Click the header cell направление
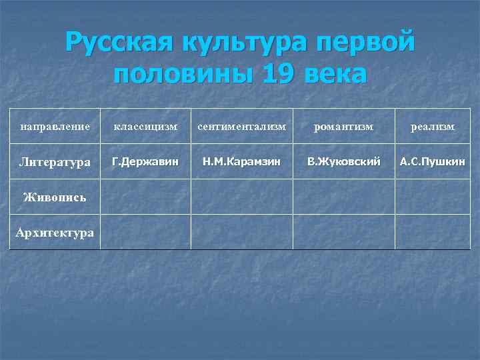[x=55, y=126]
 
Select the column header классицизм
[x=145, y=126]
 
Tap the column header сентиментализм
[x=241, y=126]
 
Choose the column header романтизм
[x=343, y=126]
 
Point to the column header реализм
[x=432, y=126]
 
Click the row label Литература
[x=55, y=162]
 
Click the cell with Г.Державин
[x=145, y=161]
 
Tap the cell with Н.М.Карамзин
[x=241, y=161]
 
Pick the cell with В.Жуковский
[x=343, y=161]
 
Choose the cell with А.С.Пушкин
[x=432, y=161]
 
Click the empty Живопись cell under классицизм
[x=145, y=197]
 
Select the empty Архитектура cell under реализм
[x=432, y=232]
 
